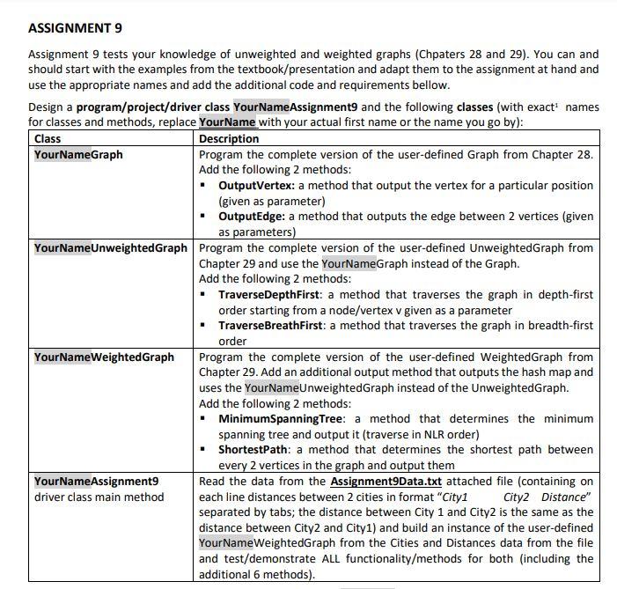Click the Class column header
[48, 138]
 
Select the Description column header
[229, 138]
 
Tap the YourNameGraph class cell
[78, 154]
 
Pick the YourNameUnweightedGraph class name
[111, 247]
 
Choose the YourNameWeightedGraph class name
[104, 357]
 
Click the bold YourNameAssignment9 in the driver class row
[96, 481]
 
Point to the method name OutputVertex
[256, 186]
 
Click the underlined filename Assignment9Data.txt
[386, 481]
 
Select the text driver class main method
[99, 497]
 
